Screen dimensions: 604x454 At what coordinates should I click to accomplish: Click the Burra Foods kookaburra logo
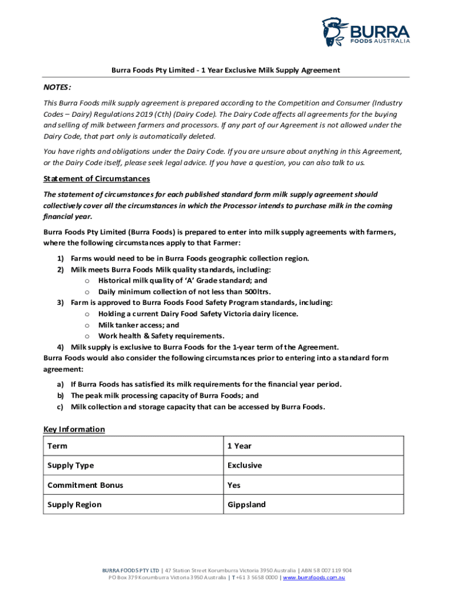[x=335, y=32]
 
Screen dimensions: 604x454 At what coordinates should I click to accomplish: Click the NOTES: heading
[x=57, y=87]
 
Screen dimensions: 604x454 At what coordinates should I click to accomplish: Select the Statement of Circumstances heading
[x=97, y=179]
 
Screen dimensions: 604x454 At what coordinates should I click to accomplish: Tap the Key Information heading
[x=74, y=429]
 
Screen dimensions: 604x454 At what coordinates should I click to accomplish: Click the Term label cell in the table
[x=58, y=446]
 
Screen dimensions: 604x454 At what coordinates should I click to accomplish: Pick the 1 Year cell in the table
[x=239, y=446]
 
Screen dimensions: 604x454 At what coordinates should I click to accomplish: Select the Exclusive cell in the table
[x=245, y=465]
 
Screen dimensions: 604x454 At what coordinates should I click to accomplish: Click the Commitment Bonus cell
[x=85, y=485]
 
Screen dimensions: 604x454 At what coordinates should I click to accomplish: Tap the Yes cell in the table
[x=234, y=485]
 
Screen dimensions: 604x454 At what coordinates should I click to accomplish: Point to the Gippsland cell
[x=246, y=504]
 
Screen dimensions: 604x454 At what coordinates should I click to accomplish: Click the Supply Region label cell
[x=74, y=504]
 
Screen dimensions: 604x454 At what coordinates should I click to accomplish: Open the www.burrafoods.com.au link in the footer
[x=314, y=577]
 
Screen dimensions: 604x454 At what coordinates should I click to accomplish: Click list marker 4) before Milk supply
[x=60, y=347]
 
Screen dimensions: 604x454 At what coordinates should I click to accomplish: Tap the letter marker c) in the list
[x=60, y=406]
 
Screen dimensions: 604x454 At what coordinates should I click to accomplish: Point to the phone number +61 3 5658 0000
[x=256, y=577]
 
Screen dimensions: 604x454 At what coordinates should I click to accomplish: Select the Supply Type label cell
[x=71, y=465]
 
